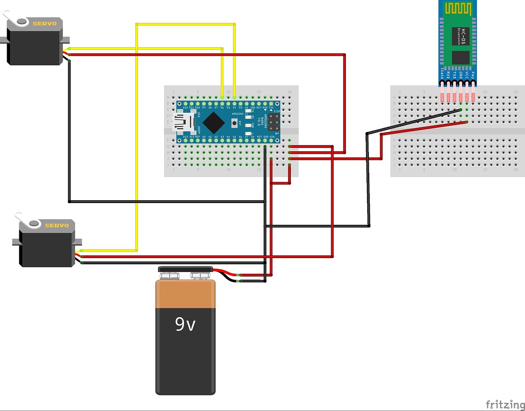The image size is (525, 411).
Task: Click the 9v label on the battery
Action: [x=185, y=324]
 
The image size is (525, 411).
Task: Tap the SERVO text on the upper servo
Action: [x=44, y=23]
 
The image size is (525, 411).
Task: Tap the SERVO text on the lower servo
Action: [x=57, y=225]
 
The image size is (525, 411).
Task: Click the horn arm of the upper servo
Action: [x=12, y=19]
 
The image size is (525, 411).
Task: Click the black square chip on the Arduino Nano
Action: [x=214, y=122]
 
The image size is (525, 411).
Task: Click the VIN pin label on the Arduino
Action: [x=272, y=136]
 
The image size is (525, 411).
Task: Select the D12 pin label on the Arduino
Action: [x=186, y=108]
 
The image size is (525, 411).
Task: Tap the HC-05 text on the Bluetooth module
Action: [x=463, y=36]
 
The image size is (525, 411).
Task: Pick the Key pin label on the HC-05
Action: [x=473, y=75]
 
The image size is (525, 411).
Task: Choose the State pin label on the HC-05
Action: [x=442, y=74]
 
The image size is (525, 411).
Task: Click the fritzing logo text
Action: [x=505, y=404]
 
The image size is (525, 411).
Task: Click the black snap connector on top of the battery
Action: [x=185, y=270]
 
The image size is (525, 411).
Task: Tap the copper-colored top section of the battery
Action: [x=185, y=293]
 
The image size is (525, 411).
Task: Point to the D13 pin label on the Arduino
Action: [x=186, y=136]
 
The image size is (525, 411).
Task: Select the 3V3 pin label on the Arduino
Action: [x=192, y=136]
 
